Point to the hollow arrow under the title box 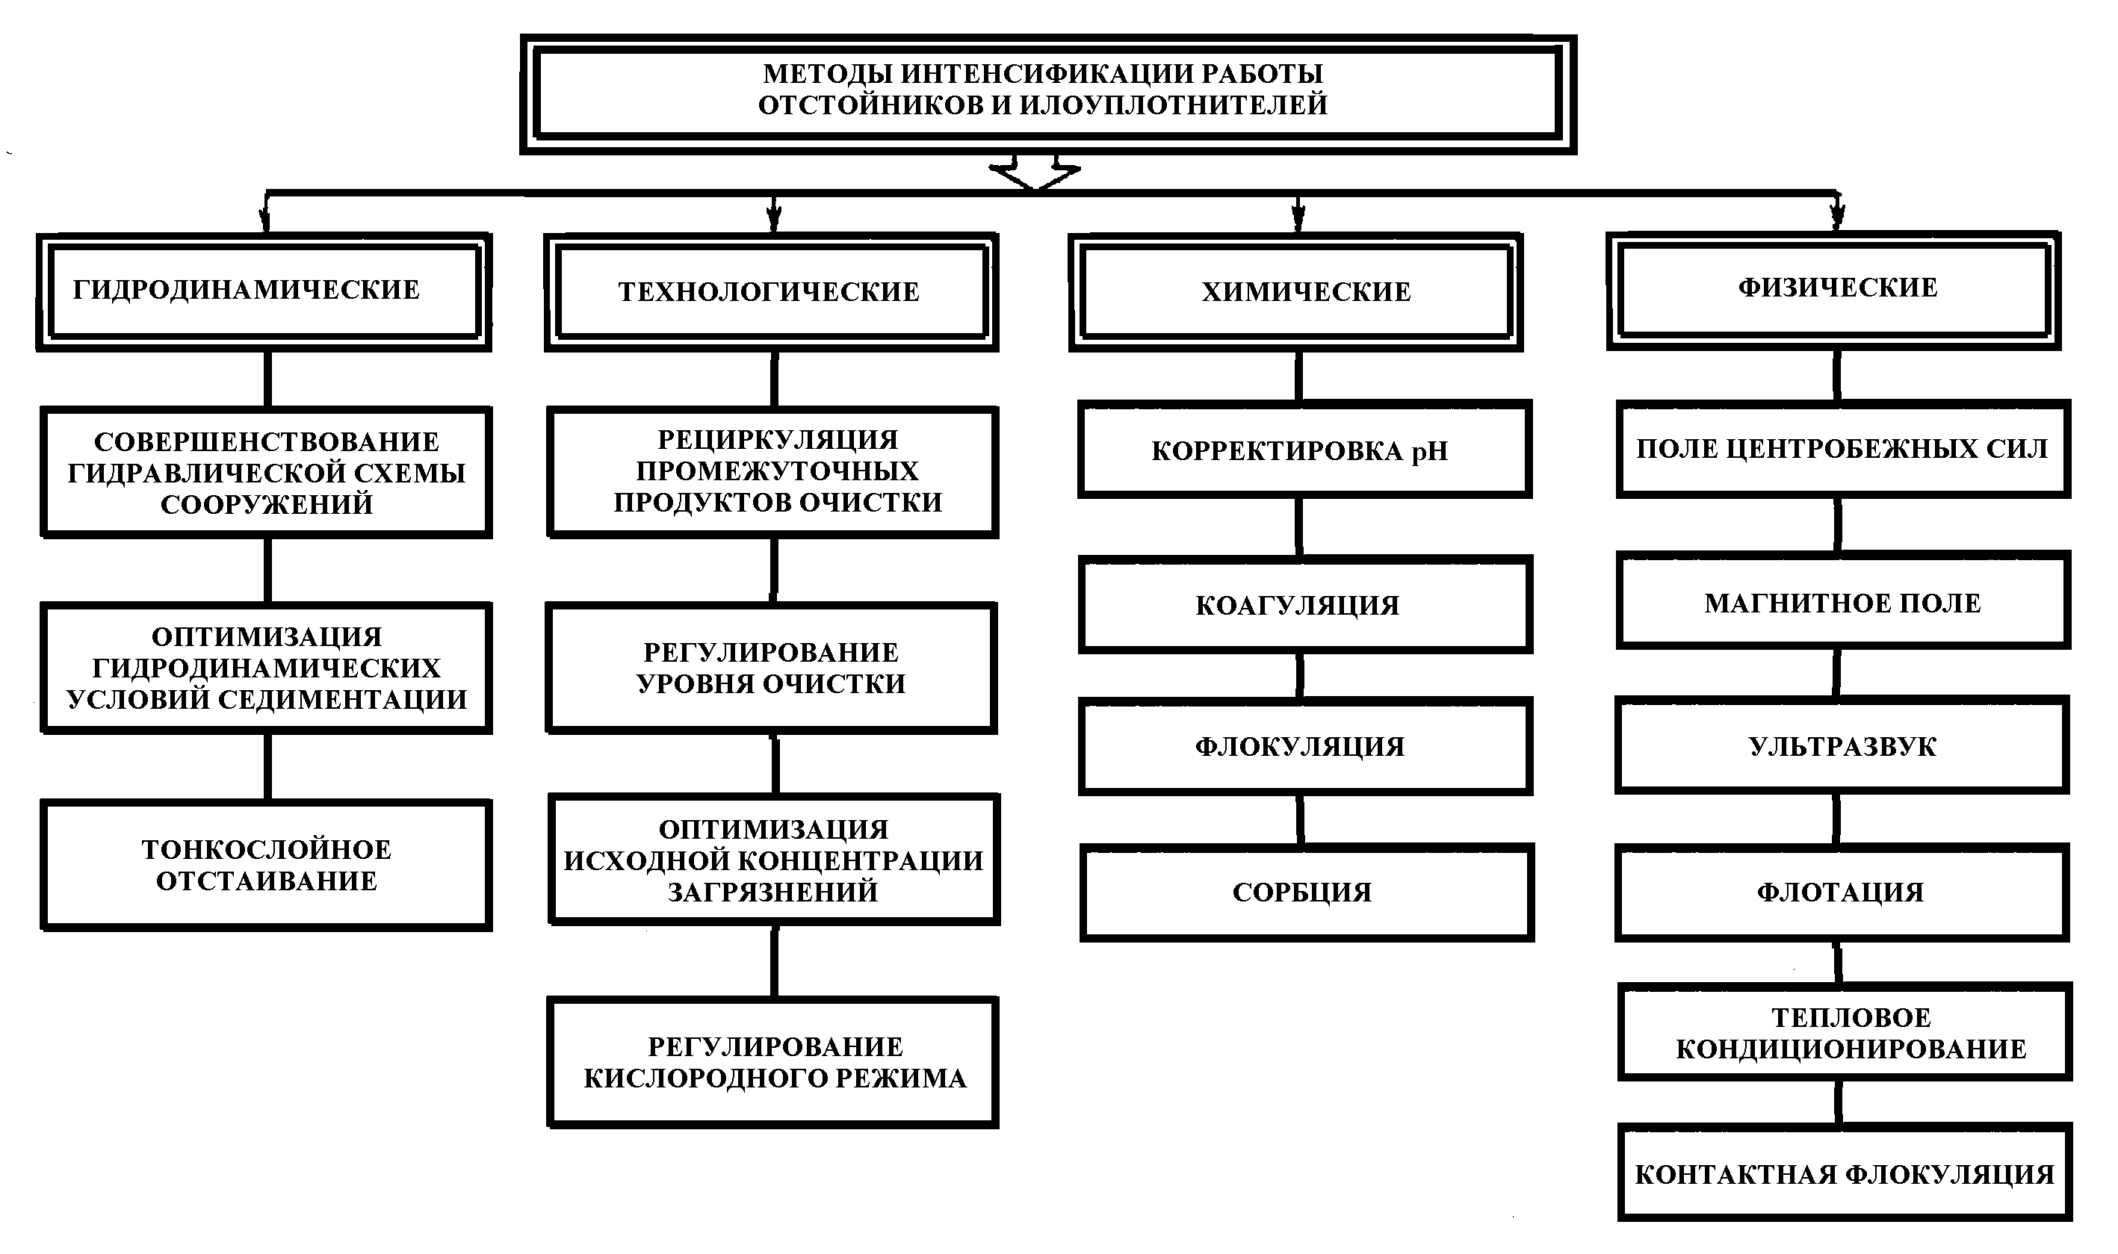click(x=1035, y=173)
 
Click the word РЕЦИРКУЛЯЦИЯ click(x=778, y=439)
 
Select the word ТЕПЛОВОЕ click(x=1851, y=1017)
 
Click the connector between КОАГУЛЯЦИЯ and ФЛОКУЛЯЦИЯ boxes click(x=1300, y=676)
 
